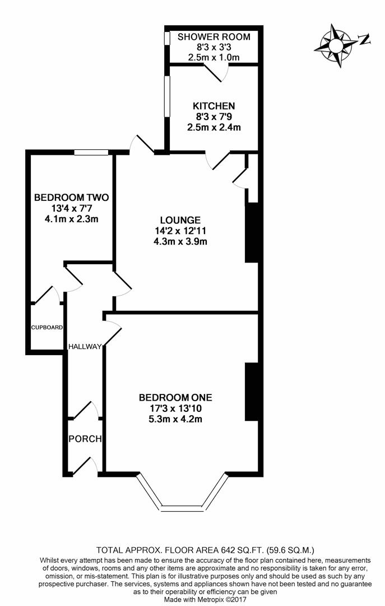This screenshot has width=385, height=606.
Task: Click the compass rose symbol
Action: tap(337, 45)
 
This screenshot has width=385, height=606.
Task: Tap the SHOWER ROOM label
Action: tap(214, 37)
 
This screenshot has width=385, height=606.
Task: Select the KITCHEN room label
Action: tap(214, 105)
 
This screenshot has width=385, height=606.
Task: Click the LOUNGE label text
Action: tap(180, 219)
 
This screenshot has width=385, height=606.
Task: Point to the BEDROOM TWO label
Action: tap(71, 198)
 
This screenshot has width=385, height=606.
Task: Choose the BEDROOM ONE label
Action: tap(175, 397)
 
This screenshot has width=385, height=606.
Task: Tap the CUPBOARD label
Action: tap(47, 328)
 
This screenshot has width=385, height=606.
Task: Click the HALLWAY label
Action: tap(85, 347)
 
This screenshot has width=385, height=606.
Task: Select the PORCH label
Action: tap(85, 438)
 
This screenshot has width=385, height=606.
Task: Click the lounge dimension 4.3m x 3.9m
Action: tap(180, 242)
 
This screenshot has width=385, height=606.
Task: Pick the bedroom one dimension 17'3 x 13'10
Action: tap(175, 408)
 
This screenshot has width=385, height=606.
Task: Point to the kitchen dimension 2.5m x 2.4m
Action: tap(214, 127)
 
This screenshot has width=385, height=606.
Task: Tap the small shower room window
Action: tap(167, 38)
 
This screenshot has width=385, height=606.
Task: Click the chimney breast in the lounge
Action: tap(251, 233)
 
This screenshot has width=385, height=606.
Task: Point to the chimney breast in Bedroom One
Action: tap(251, 392)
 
